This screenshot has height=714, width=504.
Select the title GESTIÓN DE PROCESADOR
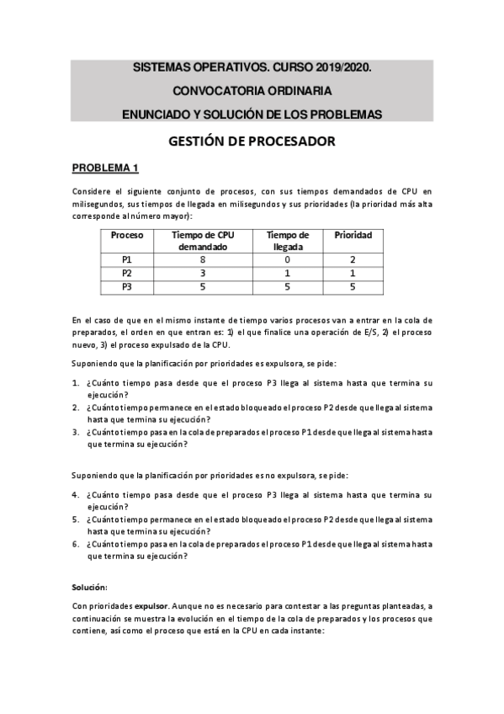[x=252, y=141]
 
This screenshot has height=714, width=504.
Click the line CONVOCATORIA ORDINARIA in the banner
[x=252, y=90]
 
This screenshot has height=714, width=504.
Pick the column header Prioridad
[x=353, y=235]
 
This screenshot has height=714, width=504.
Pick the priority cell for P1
[x=353, y=260]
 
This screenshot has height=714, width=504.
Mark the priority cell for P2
[x=353, y=274]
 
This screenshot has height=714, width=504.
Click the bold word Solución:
[x=89, y=586]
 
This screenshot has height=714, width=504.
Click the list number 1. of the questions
[x=75, y=383]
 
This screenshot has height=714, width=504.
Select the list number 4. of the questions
[x=75, y=494]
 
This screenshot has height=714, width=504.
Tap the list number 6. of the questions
[x=75, y=544]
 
